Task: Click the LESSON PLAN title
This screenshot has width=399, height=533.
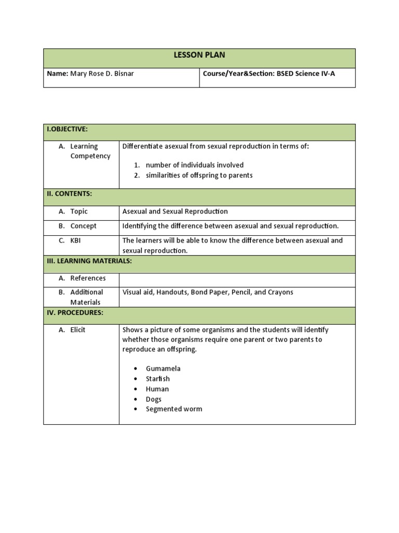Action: pos(199,55)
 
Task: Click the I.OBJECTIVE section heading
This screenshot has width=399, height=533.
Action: pos(67,129)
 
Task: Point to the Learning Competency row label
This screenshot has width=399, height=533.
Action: pos(90,151)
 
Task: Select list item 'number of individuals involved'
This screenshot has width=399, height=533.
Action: pos(194,165)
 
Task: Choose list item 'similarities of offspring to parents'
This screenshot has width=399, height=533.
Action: pos(199,175)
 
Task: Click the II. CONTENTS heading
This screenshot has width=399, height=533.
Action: pos(69,194)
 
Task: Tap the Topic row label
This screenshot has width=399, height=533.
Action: pos(79,211)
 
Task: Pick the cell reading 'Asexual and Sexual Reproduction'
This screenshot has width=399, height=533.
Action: pos(175,211)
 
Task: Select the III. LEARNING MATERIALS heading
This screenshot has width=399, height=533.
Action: pos(89,261)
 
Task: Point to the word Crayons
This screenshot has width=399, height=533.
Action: pos(281,293)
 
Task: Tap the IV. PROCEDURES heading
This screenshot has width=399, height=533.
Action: pos(75,312)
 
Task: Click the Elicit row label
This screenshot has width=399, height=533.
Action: pos(78,330)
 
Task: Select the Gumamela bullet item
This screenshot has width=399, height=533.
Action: pos(163,369)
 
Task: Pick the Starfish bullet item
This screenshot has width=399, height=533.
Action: pos(157,379)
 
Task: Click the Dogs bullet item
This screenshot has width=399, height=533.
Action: pos(153,399)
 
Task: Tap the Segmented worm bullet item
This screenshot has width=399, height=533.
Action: pos(174,409)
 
